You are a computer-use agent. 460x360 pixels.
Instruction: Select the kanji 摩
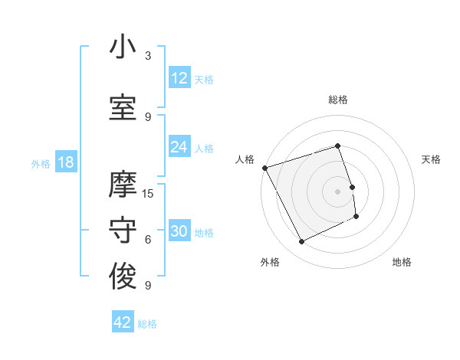tap(123, 185)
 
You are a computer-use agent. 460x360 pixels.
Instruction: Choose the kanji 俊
tap(123, 277)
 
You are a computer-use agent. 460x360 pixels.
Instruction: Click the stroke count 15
tap(148, 194)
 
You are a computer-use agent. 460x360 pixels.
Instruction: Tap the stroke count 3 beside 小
tap(148, 56)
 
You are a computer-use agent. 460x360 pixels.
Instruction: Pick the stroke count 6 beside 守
tap(148, 240)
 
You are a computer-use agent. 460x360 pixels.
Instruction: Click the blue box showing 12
tap(179, 78)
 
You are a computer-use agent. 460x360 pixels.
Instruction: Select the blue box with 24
tap(179, 147)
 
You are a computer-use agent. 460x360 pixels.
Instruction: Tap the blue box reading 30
tap(179, 232)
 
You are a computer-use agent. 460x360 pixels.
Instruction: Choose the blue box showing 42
tap(123, 322)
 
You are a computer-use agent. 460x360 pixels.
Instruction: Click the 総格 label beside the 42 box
tap(147, 324)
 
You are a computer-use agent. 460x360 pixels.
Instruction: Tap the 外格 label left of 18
tap(41, 163)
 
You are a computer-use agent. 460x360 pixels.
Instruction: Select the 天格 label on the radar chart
tap(431, 159)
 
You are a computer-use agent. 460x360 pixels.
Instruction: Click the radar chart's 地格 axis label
tap(402, 262)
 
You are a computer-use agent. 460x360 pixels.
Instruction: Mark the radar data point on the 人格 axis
tap(264, 168)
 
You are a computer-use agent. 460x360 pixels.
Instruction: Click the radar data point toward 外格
tap(301, 242)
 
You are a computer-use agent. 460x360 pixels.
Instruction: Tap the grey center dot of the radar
tap(337, 191)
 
